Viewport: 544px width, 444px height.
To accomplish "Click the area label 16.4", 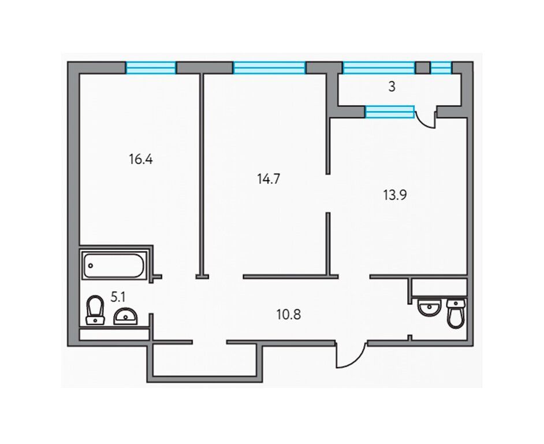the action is click(141, 160).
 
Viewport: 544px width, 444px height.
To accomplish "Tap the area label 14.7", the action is click(268, 179).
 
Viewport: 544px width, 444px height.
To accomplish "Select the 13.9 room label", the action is click(395, 195).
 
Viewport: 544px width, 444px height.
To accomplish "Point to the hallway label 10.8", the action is click(289, 314).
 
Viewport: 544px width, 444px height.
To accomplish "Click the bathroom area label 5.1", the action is click(118, 297).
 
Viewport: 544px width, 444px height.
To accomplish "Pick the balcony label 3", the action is click(392, 87).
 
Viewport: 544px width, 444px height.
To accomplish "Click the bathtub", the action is click(113, 266).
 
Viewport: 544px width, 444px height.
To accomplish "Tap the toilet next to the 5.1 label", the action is click(95, 310).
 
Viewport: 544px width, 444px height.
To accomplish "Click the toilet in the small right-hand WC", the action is click(456, 313).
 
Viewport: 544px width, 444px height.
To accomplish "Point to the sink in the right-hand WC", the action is click(430, 307).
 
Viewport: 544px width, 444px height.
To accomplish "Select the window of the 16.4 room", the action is click(151, 68).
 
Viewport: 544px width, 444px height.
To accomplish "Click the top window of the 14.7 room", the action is click(269, 68).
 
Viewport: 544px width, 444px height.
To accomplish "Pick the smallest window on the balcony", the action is click(441, 68).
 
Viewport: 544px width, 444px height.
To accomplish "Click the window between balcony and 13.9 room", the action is click(390, 112).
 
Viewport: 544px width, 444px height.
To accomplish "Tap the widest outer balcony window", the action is click(378, 68).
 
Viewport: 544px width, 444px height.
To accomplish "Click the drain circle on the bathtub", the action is click(91, 266).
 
